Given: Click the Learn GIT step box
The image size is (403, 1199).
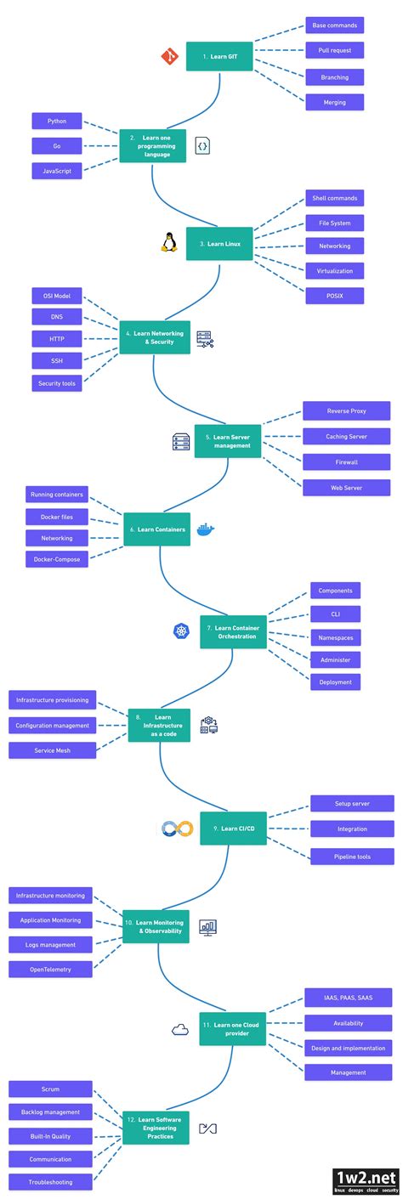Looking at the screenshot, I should coord(219,56).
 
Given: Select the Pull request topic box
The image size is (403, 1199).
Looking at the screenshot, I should coord(334,50).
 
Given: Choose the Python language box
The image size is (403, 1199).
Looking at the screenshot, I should coord(57,122).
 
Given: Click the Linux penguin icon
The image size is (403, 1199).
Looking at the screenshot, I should coord(167,243).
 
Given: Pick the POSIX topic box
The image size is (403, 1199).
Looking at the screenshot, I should coord(334,296).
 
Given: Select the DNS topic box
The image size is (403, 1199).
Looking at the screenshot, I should coord(57,317).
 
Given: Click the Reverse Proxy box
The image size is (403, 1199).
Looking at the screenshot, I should coord(346,411).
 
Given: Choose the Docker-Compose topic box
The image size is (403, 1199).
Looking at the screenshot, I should coord(57,558).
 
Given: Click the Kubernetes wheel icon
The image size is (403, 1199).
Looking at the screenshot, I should coord(181,631).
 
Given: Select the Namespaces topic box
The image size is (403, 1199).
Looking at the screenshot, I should coord(335,636).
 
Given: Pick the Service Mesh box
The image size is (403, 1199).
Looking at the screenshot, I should coord(52,750).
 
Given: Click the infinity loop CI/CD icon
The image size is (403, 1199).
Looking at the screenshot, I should coord(178,828).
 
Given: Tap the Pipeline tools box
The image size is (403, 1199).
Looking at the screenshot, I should coord(352,857).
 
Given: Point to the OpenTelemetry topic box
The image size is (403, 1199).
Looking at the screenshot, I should coord(51,969).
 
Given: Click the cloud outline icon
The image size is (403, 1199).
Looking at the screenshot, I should coord(179,1030).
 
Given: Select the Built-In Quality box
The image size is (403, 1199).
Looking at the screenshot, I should coord(50,1135).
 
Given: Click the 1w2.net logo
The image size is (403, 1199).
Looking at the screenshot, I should coord(365,1180).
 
